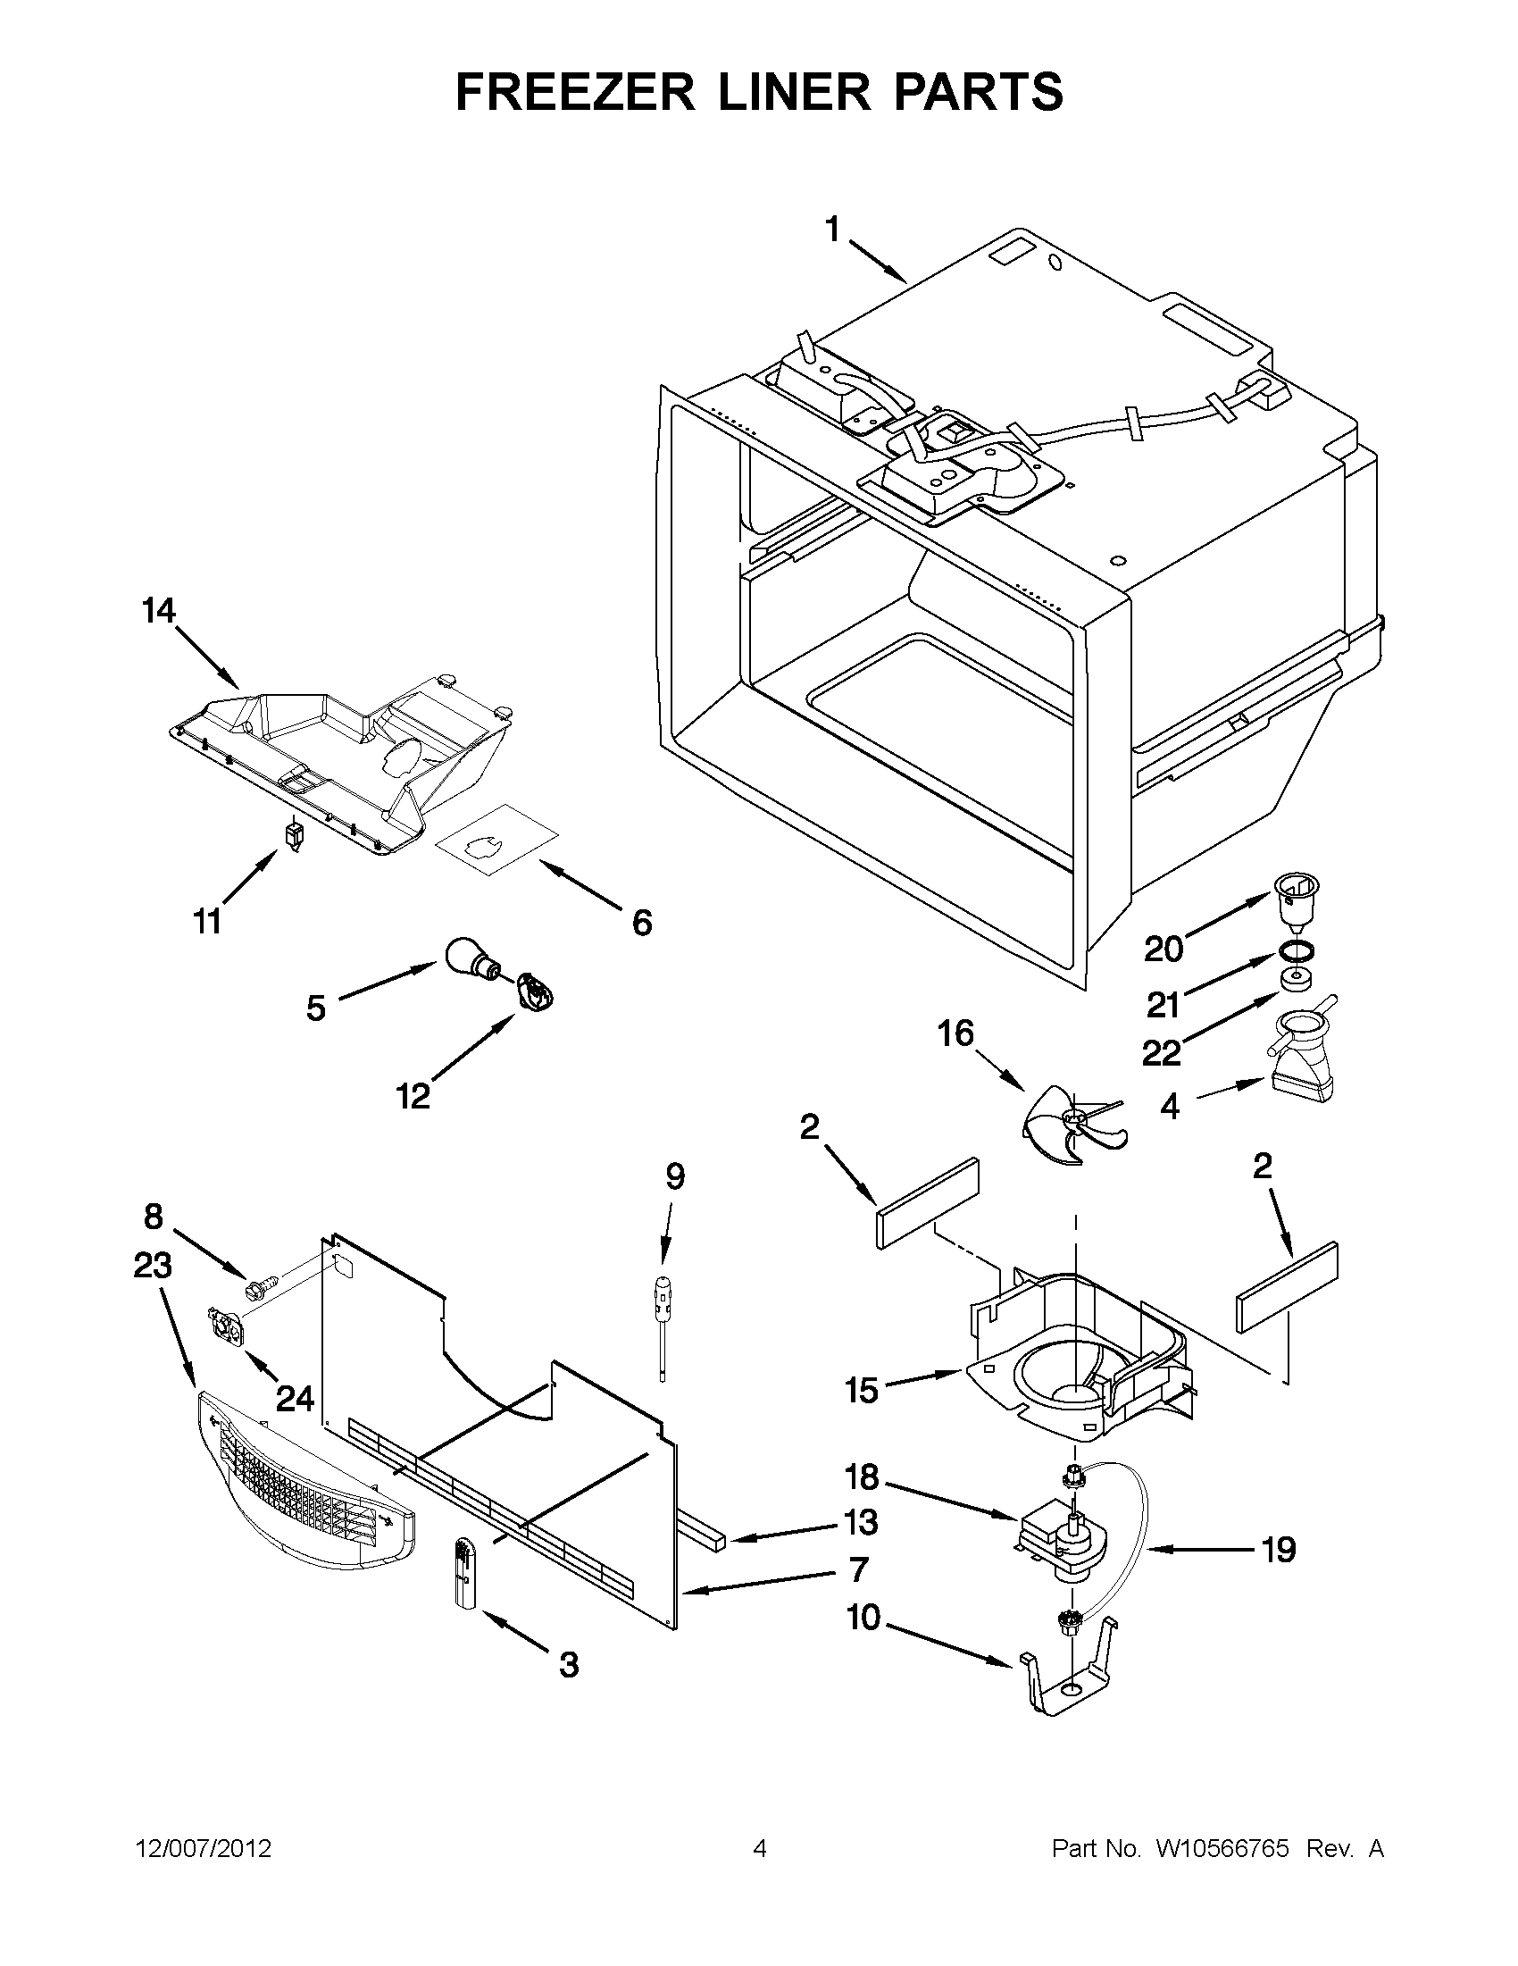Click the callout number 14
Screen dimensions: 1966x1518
tap(158, 611)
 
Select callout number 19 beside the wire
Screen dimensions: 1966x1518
tap(1278, 1550)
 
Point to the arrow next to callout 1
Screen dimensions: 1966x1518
tap(878, 260)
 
